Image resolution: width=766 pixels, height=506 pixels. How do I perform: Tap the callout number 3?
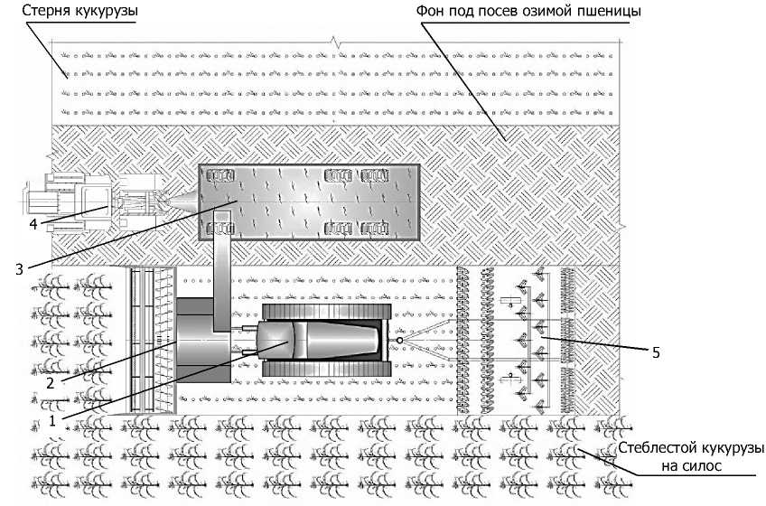pos(19,267)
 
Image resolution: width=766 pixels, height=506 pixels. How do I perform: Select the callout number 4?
pos(33,224)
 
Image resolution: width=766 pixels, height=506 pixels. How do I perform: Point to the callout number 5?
pos(655,351)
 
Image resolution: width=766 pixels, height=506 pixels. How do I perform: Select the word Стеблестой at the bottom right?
pos(656,449)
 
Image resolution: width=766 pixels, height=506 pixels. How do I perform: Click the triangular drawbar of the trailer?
pos(185,201)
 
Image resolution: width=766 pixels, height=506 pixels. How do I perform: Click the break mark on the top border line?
pos(336,42)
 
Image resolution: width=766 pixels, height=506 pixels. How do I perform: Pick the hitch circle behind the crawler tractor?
pos(399,340)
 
